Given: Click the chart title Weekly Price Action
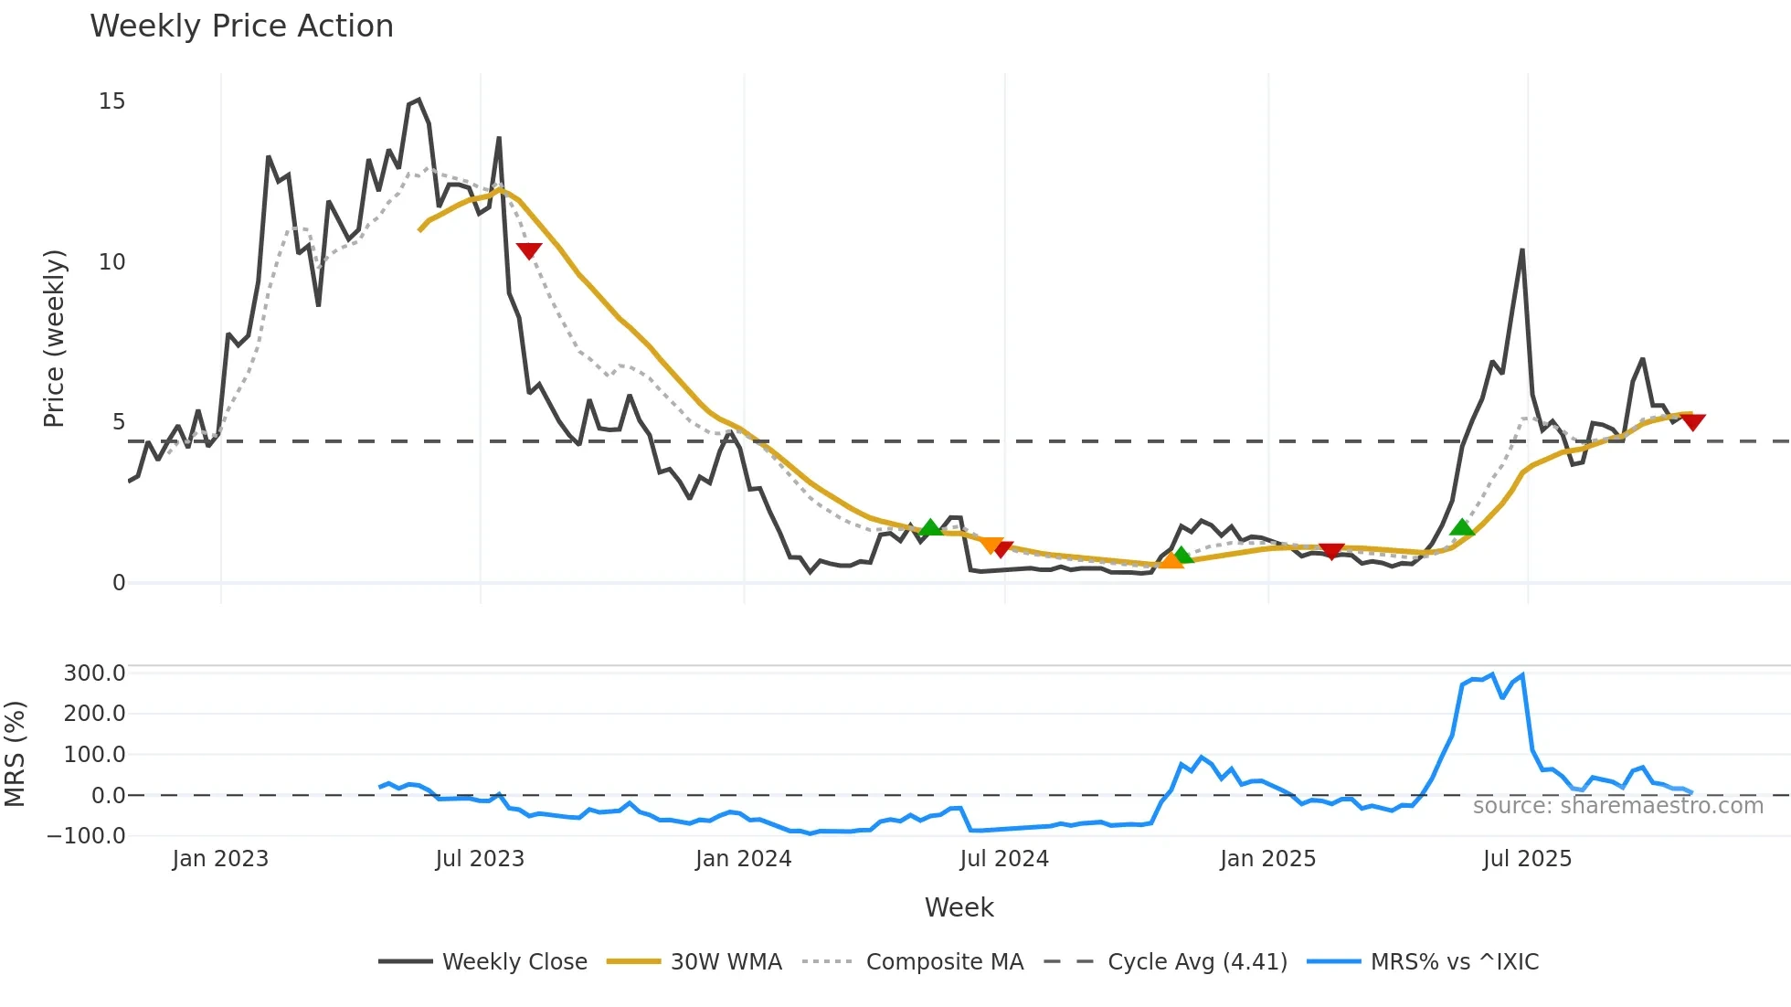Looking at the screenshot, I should (241, 26).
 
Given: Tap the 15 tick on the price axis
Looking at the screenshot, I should (111, 101).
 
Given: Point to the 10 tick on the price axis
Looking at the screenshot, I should (111, 262).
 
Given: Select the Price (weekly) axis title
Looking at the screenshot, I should (54, 338).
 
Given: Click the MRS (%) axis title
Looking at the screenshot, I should (15, 754).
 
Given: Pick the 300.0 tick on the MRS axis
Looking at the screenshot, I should (94, 673).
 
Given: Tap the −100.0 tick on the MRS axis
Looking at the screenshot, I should (87, 835).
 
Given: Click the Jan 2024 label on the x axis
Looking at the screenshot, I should (743, 859).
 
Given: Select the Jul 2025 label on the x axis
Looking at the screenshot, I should (1527, 859).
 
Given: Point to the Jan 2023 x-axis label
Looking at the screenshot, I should (220, 859).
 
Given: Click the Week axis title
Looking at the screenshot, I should (959, 907).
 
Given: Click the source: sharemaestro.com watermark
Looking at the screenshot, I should (1617, 806).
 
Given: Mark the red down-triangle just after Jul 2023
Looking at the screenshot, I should (529, 250).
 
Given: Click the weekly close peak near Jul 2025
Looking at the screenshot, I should (1522, 249).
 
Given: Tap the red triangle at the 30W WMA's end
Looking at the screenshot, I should (1693, 422).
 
